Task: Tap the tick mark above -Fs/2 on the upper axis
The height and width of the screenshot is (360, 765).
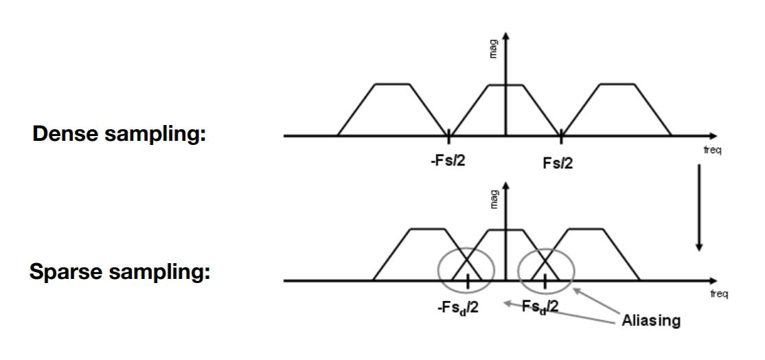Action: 448,136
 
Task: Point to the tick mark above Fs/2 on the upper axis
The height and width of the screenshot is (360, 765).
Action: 561,136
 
